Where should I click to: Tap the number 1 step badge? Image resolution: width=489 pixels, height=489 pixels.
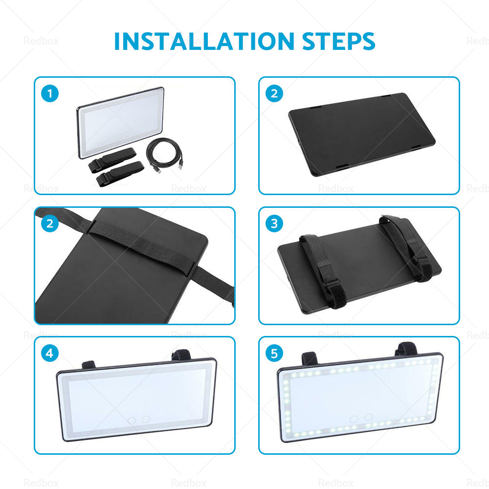(50, 93)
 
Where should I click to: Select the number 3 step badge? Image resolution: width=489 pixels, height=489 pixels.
(274, 223)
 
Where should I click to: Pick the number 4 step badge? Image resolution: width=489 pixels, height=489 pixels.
(50, 353)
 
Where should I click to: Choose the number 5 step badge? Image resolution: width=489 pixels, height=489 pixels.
(274, 353)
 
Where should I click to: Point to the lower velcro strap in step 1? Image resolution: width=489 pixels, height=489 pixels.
(120, 174)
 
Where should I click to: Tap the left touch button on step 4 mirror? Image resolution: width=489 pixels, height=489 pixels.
(132, 420)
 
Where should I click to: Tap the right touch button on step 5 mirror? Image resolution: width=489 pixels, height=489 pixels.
(368, 417)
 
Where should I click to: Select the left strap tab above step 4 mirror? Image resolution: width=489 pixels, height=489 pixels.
(88, 365)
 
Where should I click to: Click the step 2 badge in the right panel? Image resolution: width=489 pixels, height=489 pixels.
(274, 93)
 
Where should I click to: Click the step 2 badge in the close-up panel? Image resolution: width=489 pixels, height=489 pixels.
(50, 223)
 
